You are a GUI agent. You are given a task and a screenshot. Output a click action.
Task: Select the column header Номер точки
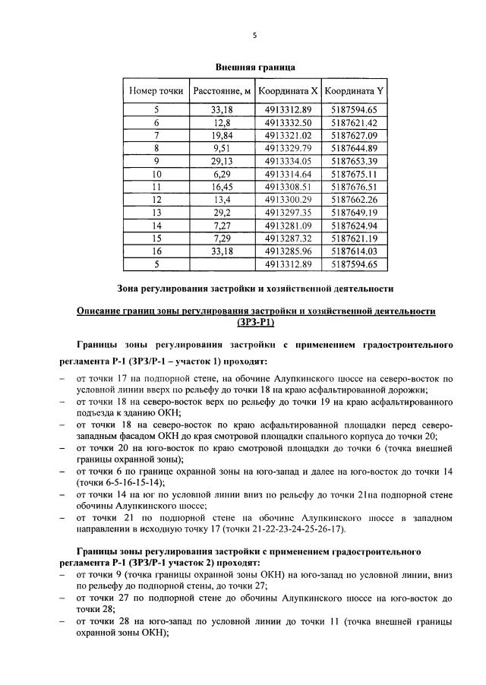[156, 91]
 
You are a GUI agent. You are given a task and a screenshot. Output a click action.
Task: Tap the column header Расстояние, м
[221, 91]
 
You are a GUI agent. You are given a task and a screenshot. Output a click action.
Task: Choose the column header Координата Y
[354, 91]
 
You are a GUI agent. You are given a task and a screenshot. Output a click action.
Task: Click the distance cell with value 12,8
[221, 122]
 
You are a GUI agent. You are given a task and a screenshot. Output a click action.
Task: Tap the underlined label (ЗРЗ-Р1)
[255, 322]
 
